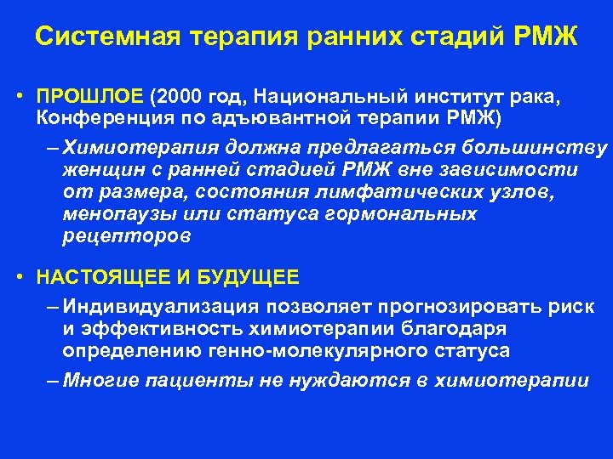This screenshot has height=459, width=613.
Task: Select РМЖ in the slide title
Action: click(x=547, y=38)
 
